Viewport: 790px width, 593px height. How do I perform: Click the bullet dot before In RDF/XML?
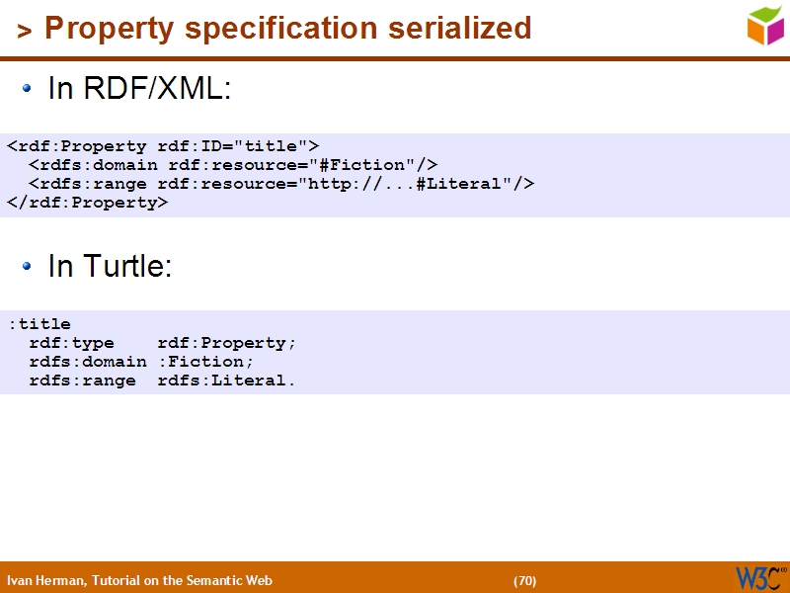(x=29, y=89)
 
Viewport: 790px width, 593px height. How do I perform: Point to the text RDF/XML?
(x=157, y=89)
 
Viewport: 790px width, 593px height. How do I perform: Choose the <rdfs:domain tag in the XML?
(x=93, y=165)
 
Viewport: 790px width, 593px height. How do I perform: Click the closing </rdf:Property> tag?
(x=88, y=203)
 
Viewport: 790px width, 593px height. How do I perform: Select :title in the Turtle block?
(x=39, y=324)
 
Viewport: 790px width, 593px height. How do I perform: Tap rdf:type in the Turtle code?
(x=71, y=343)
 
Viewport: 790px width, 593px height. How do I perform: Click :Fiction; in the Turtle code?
(x=206, y=362)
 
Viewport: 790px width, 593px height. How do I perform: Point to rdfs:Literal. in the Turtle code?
(x=227, y=381)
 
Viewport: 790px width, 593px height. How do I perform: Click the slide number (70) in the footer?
(x=524, y=580)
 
